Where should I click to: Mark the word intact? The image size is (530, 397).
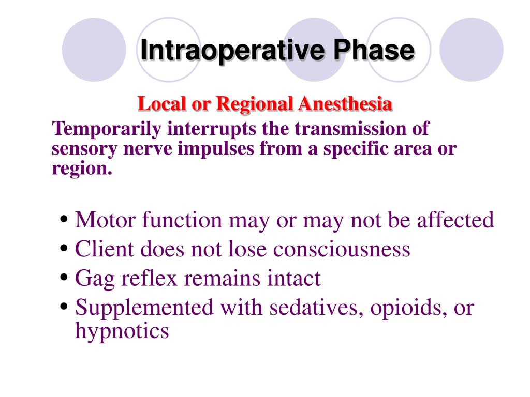point(294,279)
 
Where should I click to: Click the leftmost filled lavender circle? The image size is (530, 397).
point(94,50)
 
